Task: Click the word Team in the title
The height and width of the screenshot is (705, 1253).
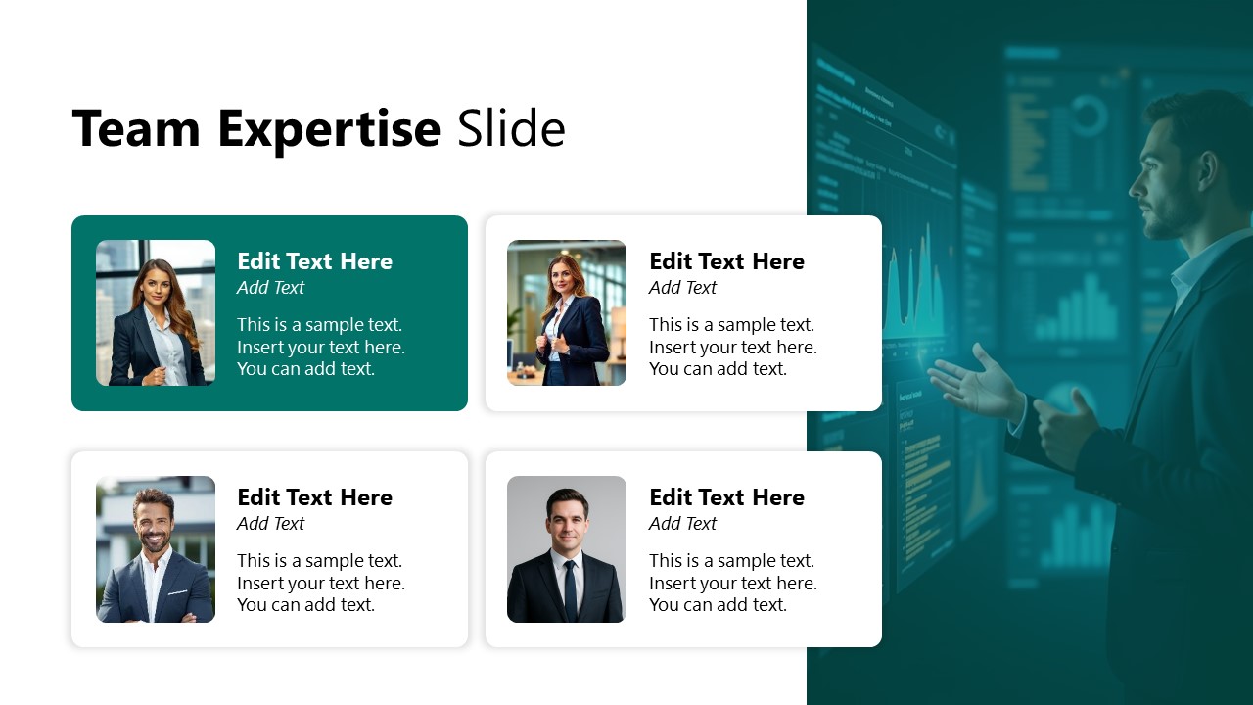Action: pyautogui.click(x=136, y=128)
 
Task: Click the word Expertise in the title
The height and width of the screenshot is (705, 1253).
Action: pyautogui.click(x=329, y=130)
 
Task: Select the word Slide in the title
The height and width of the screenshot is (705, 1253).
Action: pyautogui.click(x=511, y=128)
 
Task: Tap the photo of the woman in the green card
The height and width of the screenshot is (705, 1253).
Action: pyautogui.click(x=156, y=312)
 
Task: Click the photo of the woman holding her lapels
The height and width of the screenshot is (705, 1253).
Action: pyautogui.click(x=567, y=312)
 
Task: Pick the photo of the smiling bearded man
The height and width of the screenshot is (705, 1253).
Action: pyautogui.click(x=156, y=548)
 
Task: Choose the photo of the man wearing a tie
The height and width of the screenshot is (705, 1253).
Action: pyautogui.click(x=567, y=548)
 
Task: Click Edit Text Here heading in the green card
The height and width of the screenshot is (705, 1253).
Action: pyautogui.click(x=314, y=261)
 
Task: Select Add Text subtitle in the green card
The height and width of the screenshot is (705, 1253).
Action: pyautogui.click(x=270, y=287)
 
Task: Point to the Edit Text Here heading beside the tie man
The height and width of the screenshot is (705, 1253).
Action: pyautogui.click(x=726, y=497)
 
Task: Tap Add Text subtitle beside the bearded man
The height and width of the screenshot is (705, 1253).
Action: pyautogui.click(x=270, y=523)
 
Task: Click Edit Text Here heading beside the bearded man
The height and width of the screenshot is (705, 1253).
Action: pyautogui.click(x=314, y=497)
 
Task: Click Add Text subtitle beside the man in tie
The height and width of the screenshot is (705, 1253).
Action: pyautogui.click(x=682, y=523)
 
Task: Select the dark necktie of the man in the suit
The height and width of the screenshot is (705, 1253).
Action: pyautogui.click(x=570, y=587)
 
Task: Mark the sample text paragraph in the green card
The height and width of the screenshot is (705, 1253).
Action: pyautogui.click(x=320, y=347)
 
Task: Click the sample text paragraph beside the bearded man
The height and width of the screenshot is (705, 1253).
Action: pyautogui.click(x=320, y=583)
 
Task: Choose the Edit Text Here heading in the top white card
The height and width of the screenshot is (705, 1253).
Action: pyautogui.click(x=726, y=261)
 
